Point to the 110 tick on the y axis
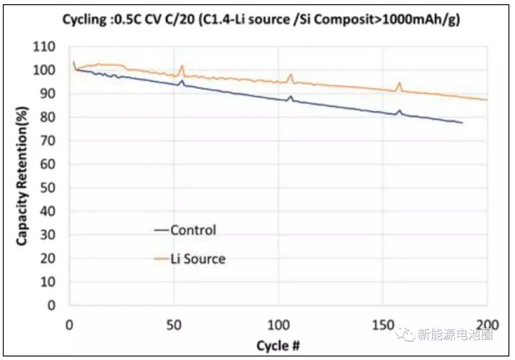click(x=46, y=47)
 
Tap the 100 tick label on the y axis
click(x=46, y=70)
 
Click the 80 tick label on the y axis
click(x=49, y=117)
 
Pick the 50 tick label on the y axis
click(x=49, y=188)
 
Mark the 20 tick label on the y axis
click(x=49, y=259)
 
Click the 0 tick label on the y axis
click(x=51, y=306)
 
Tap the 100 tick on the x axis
click(x=279, y=324)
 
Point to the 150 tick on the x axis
click(x=383, y=324)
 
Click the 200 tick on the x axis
click(x=488, y=324)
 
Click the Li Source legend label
click(x=198, y=259)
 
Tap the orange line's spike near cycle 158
click(x=400, y=83)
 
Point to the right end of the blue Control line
click(x=462, y=123)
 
